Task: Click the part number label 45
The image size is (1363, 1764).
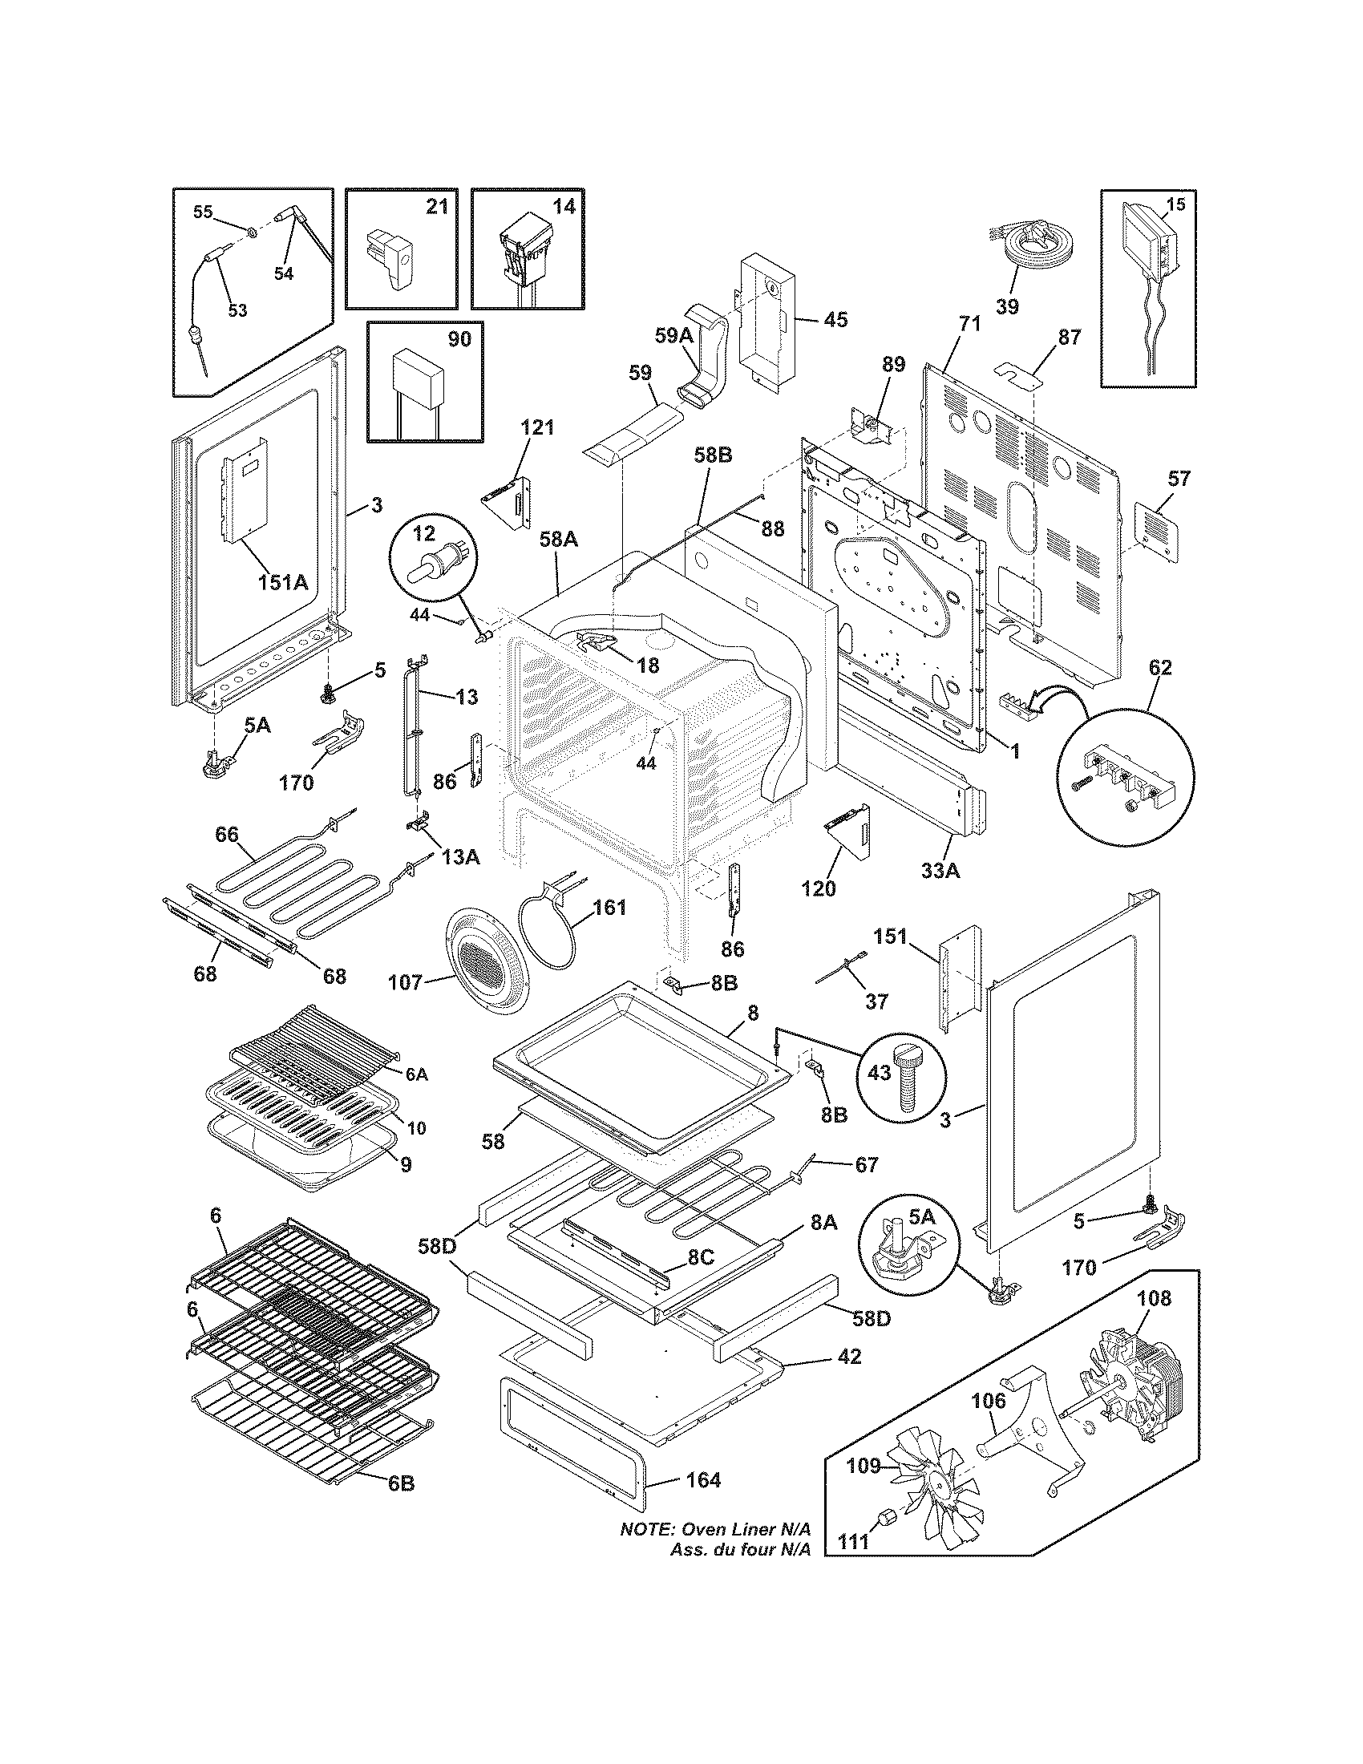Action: click(x=835, y=320)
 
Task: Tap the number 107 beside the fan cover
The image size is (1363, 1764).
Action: click(x=406, y=981)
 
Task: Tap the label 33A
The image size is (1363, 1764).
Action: click(x=940, y=872)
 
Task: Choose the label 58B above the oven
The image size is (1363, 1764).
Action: click(x=712, y=455)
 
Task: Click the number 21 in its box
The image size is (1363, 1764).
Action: click(x=436, y=207)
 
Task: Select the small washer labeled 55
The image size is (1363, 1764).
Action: click(x=253, y=233)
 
